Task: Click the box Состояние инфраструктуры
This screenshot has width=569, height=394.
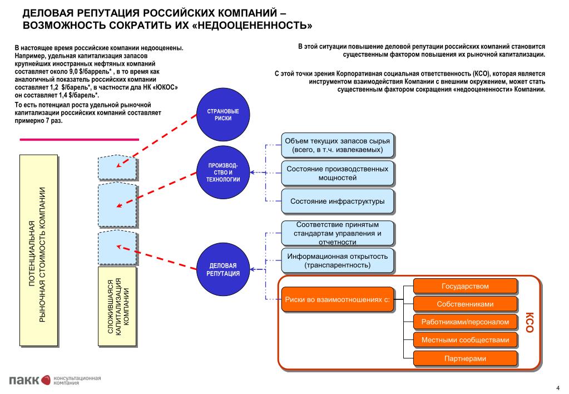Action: pos(337,201)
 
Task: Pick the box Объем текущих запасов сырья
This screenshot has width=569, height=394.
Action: pos(337,145)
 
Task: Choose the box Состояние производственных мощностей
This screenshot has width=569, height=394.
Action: pos(337,173)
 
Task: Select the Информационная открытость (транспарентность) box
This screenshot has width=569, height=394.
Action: pos(337,260)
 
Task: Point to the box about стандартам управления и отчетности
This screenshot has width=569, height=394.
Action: pos(337,233)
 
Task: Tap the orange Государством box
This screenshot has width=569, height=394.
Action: pos(465,287)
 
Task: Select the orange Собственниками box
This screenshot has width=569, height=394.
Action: pos(465,304)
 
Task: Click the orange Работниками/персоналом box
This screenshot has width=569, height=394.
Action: pos(465,322)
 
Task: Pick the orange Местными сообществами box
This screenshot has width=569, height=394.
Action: pos(465,340)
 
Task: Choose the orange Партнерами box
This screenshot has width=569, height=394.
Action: pos(465,358)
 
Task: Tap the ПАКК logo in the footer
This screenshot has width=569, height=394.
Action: pos(24,380)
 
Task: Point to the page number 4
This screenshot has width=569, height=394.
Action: pos(557,387)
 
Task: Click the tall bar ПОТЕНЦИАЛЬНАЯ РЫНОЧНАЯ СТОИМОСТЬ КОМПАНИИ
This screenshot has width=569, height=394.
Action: pos(39,250)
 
